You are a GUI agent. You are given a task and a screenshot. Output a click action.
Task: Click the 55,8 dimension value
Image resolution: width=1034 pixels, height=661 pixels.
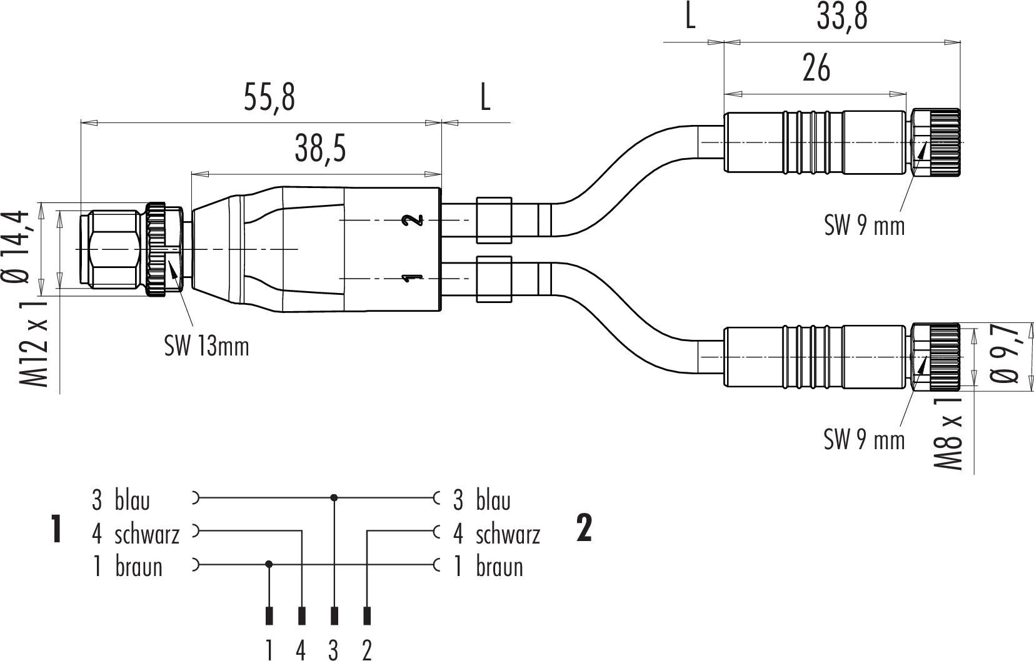pos(269,97)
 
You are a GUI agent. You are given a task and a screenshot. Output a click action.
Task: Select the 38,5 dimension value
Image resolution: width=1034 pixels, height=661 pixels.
pos(320,149)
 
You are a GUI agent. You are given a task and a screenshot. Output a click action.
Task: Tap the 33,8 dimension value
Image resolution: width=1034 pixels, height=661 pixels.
pos(842,17)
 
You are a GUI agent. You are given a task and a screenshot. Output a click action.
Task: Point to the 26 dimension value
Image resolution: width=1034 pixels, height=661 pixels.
pos(816,68)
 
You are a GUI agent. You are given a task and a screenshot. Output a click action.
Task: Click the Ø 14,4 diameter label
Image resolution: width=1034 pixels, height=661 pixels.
pos(16,247)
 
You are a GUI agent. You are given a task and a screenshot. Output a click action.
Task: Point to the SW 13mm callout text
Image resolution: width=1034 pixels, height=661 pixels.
pos(206,346)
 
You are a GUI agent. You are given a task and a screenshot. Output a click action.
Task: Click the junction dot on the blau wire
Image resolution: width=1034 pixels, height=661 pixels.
pos(334,498)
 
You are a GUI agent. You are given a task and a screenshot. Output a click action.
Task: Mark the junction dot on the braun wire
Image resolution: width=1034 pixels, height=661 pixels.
pos(269,564)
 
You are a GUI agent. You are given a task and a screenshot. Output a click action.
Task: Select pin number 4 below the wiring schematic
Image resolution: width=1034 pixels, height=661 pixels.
pos(301,651)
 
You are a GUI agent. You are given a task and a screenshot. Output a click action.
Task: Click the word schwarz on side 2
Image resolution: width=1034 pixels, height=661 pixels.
pos(508,535)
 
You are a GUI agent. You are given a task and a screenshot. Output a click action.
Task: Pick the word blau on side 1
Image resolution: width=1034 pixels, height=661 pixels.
pos(133,500)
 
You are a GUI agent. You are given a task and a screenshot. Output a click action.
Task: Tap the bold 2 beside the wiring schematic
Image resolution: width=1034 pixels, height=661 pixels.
pos(584,529)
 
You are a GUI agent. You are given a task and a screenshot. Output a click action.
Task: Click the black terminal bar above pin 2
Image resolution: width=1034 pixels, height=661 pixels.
pos(367,616)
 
